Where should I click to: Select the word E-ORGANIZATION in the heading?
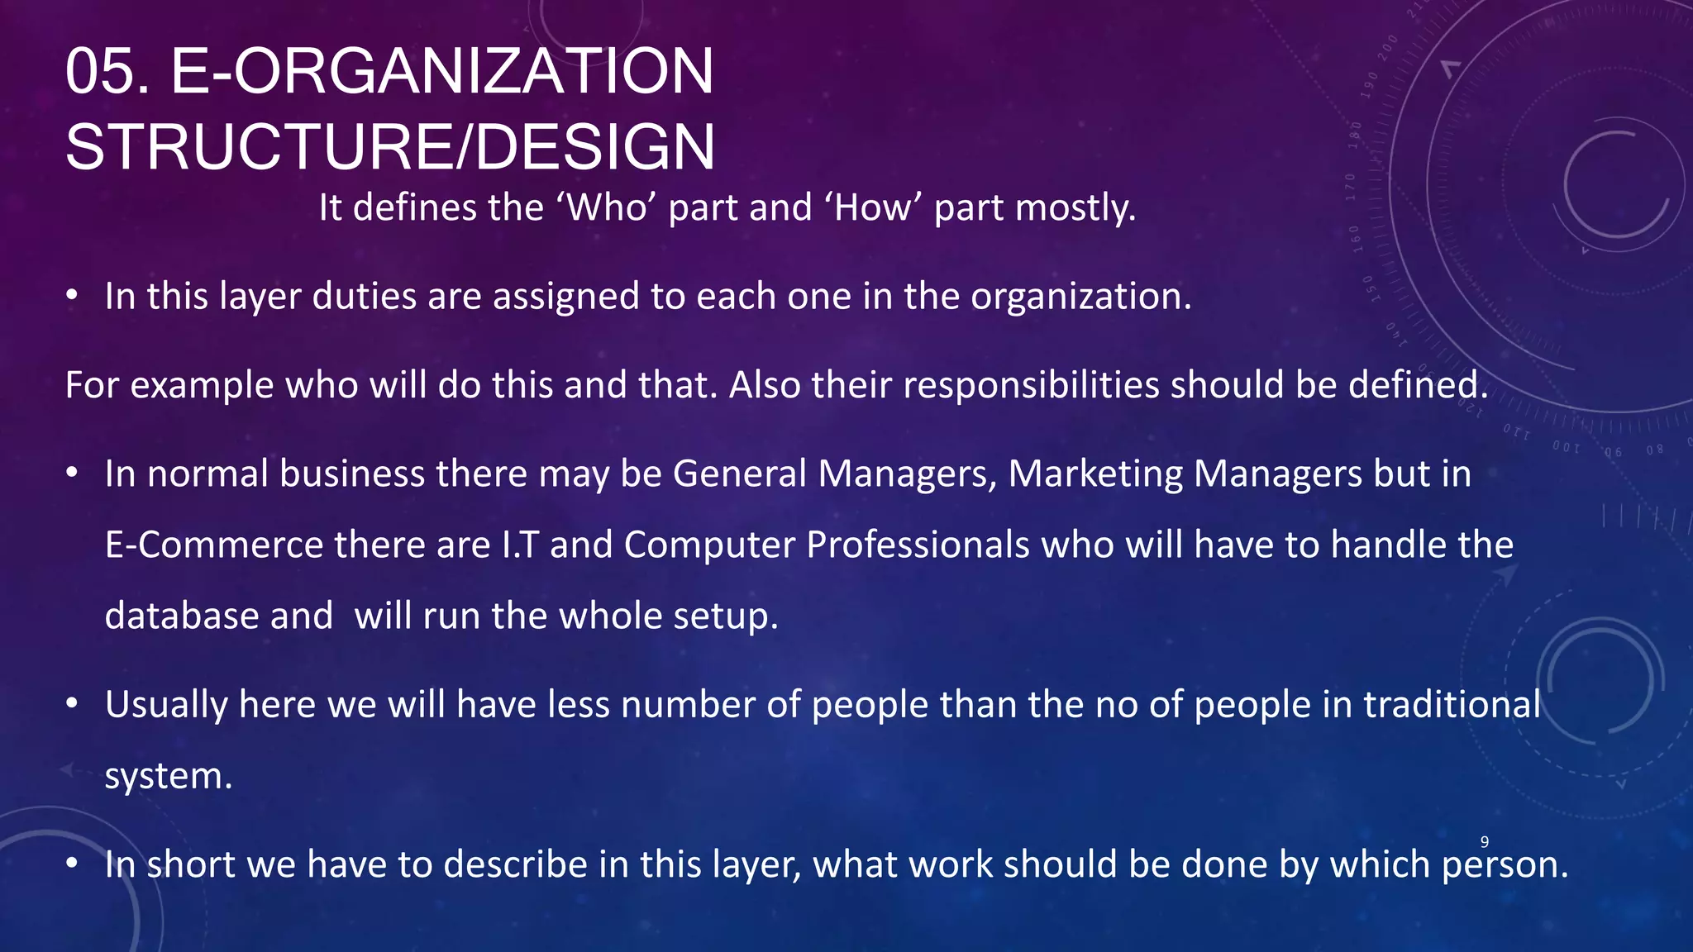tap(442, 72)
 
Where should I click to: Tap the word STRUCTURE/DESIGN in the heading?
tap(390, 148)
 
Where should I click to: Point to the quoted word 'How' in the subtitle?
tap(873, 207)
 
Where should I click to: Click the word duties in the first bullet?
tap(364, 296)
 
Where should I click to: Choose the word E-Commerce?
tap(214, 545)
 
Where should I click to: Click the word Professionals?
tap(918, 545)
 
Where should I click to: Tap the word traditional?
tap(1452, 705)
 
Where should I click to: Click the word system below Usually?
tap(168, 776)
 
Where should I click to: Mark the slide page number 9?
tap(1485, 842)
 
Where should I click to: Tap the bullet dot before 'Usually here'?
tap(73, 704)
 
